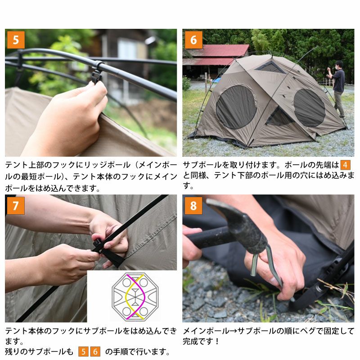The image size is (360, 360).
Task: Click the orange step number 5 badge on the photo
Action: click(x=16, y=40)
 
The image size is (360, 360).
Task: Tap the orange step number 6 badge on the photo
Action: click(x=193, y=40)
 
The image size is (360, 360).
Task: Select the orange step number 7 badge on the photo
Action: click(x=16, y=206)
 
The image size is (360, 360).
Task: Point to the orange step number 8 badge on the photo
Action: click(x=193, y=206)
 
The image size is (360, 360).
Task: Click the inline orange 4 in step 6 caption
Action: click(x=345, y=165)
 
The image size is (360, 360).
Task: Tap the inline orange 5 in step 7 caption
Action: click(x=83, y=351)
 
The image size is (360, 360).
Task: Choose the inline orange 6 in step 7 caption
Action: click(x=95, y=351)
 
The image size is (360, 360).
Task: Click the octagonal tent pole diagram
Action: click(x=135, y=297)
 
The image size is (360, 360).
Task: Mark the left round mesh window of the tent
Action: click(x=236, y=107)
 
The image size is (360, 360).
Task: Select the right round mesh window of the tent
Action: click(x=309, y=108)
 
